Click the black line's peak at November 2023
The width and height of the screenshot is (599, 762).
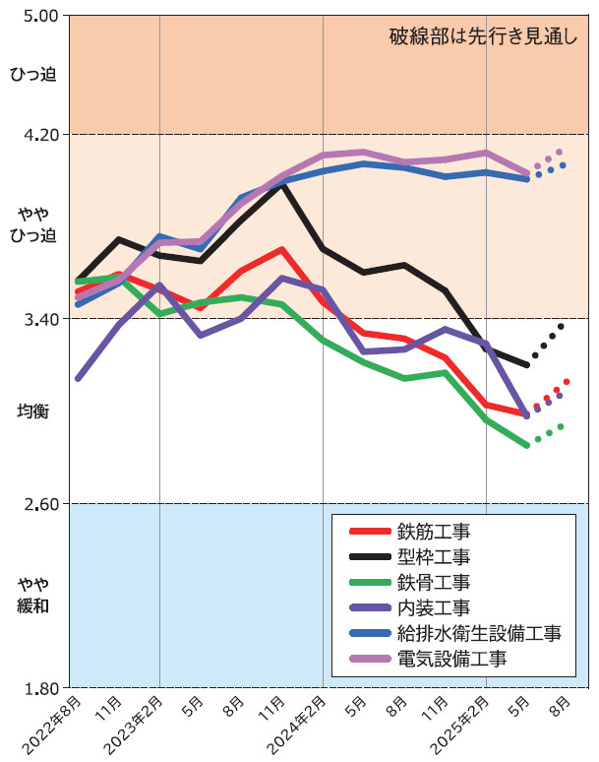(x=282, y=183)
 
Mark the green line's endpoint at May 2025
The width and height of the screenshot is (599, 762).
(x=527, y=445)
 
